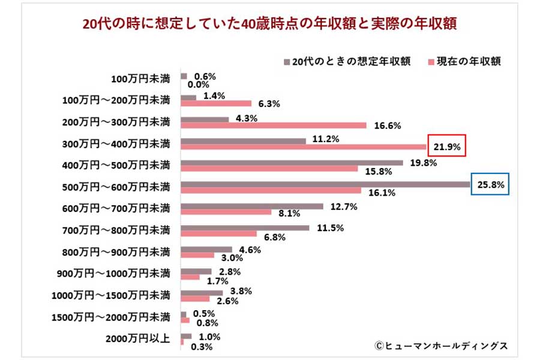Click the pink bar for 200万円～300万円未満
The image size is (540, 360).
[x=273, y=125]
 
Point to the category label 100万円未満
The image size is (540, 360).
[x=141, y=78]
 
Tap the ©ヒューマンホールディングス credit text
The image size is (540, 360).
[x=441, y=346]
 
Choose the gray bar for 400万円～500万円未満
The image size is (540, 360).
[x=292, y=162]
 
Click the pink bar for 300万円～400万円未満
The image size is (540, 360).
[x=303, y=146]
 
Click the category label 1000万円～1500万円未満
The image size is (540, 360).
[x=116, y=295]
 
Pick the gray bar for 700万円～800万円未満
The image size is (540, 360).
[x=245, y=227]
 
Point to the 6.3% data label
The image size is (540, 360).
[x=269, y=104]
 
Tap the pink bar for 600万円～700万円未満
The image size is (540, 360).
[x=226, y=212]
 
